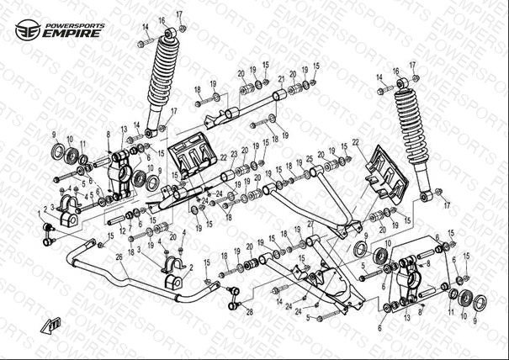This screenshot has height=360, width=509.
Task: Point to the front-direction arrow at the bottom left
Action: click(55, 325)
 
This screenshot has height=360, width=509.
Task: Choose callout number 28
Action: click(249, 312)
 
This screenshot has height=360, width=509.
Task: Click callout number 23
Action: click(234, 154)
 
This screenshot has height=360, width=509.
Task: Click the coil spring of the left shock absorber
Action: click(162, 80)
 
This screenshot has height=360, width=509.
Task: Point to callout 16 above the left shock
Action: click(162, 19)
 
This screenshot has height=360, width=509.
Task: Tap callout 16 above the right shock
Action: click(395, 71)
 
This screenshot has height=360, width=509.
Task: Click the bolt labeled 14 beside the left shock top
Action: click(150, 42)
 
